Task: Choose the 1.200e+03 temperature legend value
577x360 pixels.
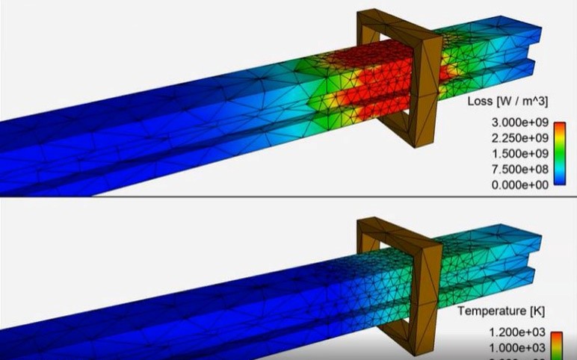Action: click(x=511, y=334)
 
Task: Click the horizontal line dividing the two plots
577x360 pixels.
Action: click(x=288, y=197)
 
